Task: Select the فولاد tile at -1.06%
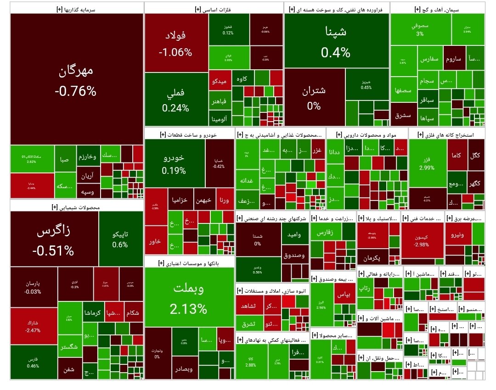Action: [x=175, y=43]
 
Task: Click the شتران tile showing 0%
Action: [x=314, y=96]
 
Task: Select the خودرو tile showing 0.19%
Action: [x=174, y=164]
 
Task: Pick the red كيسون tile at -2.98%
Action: [x=422, y=241]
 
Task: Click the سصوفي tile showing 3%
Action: [x=420, y=29]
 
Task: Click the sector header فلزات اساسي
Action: [x=213, y=9]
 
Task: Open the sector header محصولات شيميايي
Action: [x=76, y=206]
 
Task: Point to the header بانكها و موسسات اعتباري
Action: [x=189, y=263]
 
